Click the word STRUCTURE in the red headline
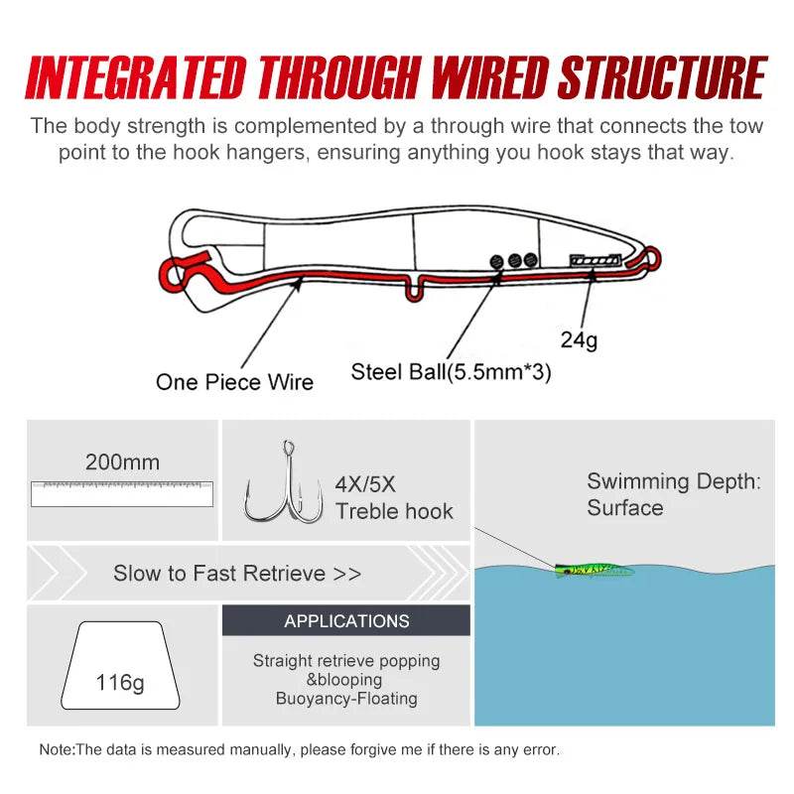(662, 78)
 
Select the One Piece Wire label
(234, 382)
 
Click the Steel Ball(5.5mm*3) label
(451, 372)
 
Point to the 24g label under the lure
(579, 340)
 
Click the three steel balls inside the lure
(514, 260)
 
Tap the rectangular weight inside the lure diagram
(595, 260)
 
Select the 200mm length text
(122, 462)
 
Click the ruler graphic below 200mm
(122, 493)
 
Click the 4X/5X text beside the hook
(365, 485)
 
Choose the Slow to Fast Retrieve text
(237, 573)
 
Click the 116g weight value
(120, 683)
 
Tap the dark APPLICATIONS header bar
(346, 621)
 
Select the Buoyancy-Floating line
(346, 699)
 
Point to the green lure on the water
(594, 570)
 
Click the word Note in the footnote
(56, 749)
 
